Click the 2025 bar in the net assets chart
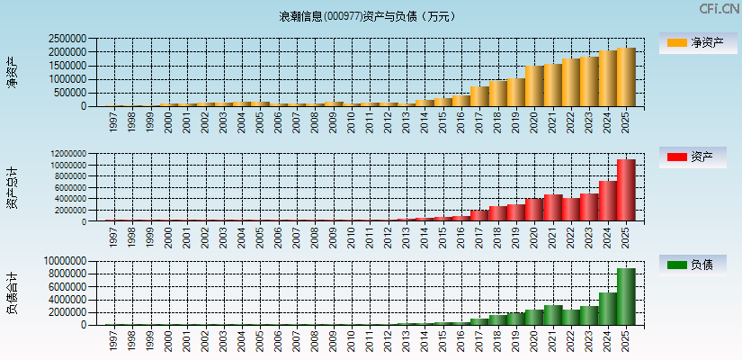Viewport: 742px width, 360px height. tap(626, 77)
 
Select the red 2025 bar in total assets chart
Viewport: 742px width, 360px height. tap(626, 190)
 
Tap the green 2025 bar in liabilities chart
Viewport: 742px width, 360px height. tap(626, 296)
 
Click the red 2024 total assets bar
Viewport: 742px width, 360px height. tap(607, 201)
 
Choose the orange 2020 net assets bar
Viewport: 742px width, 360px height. tap(534, 86)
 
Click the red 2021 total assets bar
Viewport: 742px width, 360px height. tap(552, 208)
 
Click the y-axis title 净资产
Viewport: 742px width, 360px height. tap(13, 72)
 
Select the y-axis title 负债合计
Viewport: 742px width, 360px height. tap(13, 292)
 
